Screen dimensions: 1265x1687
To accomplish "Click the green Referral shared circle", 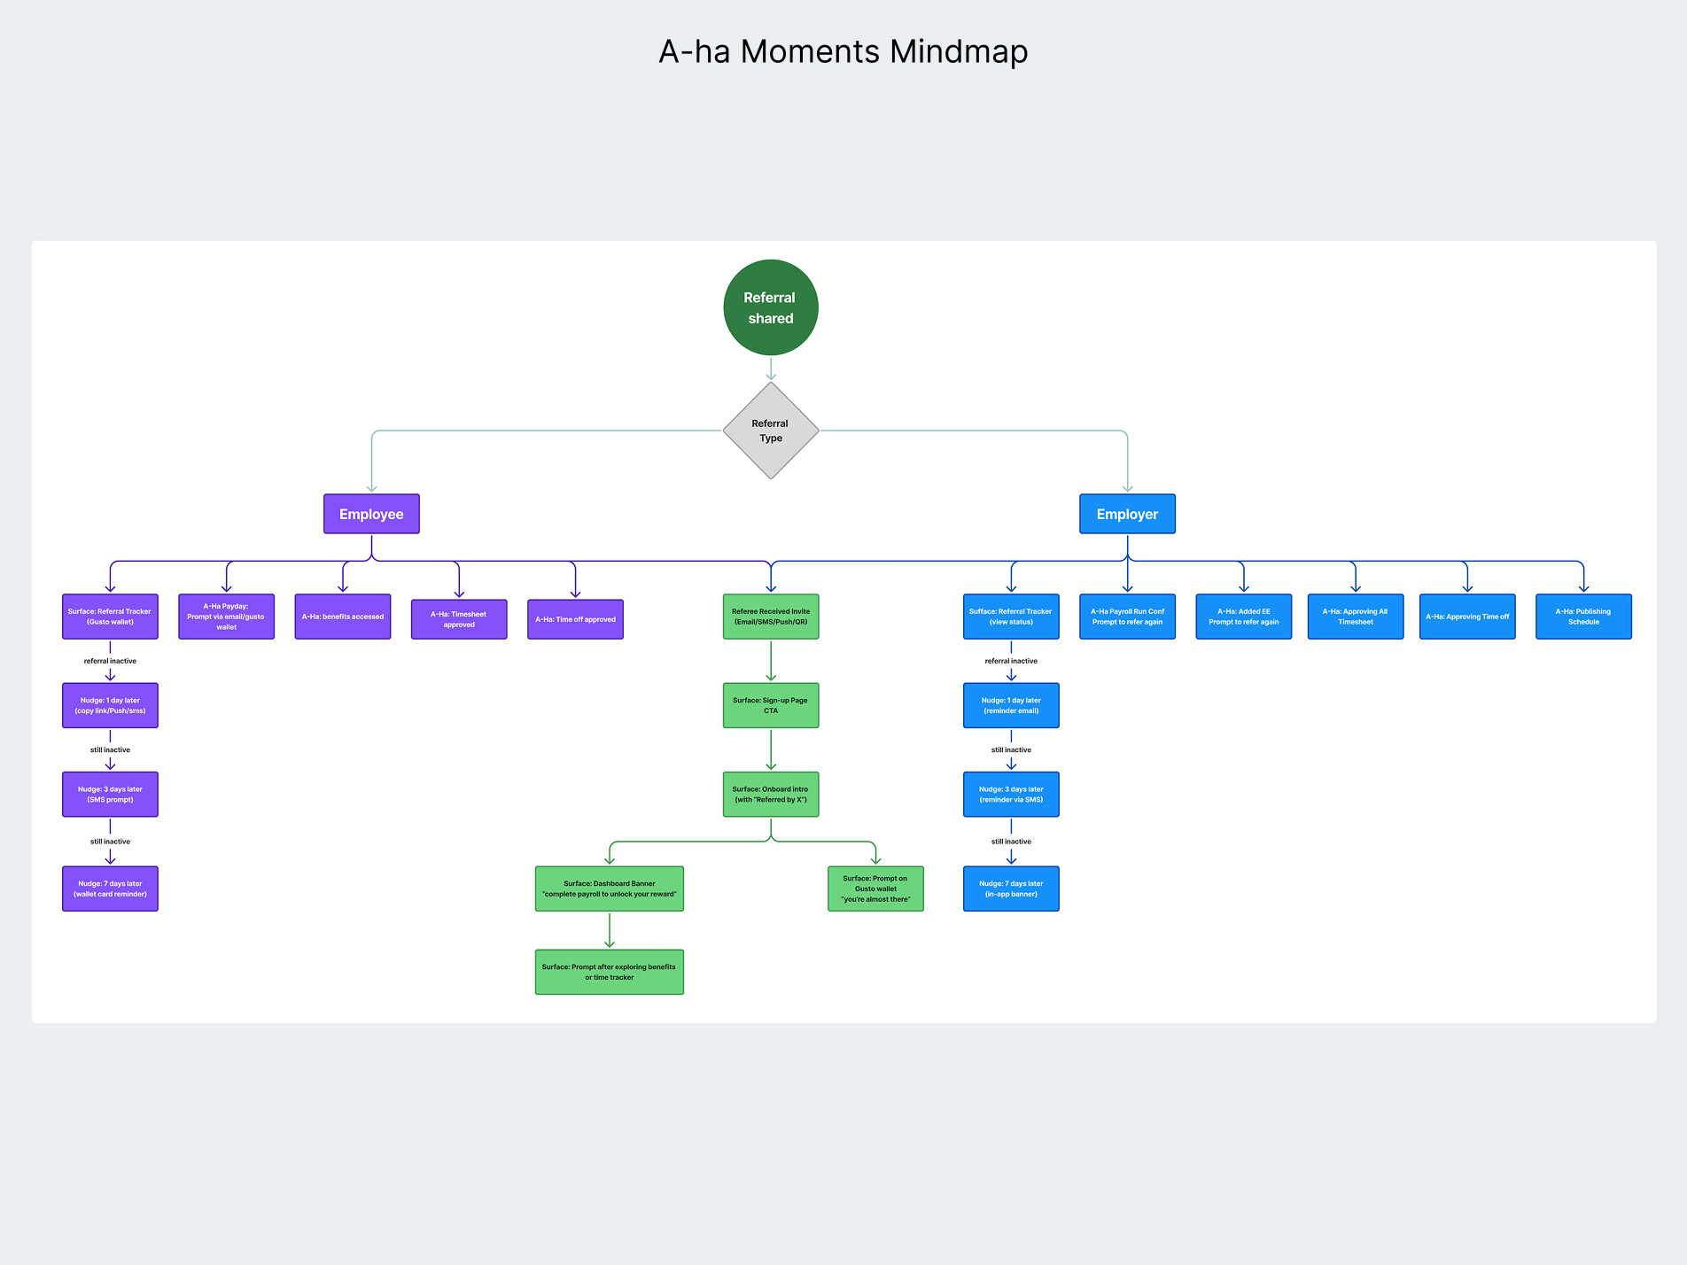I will (x=770, y=307).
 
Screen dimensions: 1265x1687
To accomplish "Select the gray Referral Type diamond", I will (x=770, y=431).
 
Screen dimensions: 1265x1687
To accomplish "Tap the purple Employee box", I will (x=371, y=514).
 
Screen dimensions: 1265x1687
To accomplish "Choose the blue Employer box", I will (x=1127, y=514).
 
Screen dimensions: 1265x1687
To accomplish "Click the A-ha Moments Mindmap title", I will (x=843, y=51).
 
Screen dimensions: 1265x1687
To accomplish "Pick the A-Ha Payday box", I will (x=226, y=617).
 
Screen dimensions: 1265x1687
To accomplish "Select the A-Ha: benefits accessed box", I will (x=343, y=617).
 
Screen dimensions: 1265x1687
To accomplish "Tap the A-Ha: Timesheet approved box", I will (x=459, y=619).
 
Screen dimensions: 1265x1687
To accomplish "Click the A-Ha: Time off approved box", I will (x=575, y=619).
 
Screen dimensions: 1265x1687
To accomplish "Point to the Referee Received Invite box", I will (x=770, y=617).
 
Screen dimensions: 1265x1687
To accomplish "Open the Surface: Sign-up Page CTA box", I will (x=770, y=705).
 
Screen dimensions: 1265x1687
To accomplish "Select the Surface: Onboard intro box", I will (x=770, y=794).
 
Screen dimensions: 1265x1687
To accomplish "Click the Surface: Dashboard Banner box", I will (x=610, y=889).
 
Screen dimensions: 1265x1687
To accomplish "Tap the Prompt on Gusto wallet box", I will (x=875, y=889).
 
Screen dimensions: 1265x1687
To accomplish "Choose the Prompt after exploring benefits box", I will (x=610, y=972).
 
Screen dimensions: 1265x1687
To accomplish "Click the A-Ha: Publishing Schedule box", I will (x=1583, y=617).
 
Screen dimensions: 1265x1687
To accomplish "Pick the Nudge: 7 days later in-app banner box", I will (x=1011, y=889).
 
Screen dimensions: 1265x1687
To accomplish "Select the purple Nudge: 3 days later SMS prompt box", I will (x=110, y=794).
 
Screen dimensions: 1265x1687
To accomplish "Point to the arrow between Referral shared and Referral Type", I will (x=771, y=369).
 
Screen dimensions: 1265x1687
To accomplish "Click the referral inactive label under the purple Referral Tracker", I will (x=110, y=661).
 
